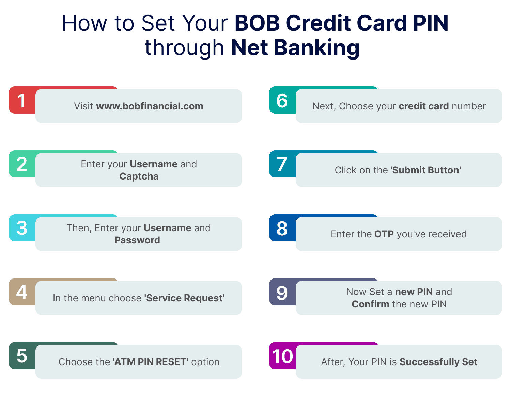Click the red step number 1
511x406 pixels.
pos(22,101)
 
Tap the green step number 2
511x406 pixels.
pos(22,164)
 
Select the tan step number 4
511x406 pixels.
pos(22,292)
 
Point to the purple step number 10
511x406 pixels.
pos(282,356)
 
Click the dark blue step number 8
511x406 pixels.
pos(282,229)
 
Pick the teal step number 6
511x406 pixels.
pos(282,101)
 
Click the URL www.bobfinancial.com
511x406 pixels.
pos(150,106)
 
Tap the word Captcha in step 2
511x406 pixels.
pos(139,176)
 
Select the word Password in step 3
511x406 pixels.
pos(137,240)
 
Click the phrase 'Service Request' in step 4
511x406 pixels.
pos(184,298)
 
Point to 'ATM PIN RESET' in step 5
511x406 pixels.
pos(151,362)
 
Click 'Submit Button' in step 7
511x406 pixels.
pos(425,170)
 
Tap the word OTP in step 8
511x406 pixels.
pos(384,234)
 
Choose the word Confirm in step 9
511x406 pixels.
pos(370,304)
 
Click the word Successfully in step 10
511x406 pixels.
pos(429,362)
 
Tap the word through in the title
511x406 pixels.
pos(184,48)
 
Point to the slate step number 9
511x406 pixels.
pos(282,292)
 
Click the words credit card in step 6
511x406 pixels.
pos(423,106)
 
